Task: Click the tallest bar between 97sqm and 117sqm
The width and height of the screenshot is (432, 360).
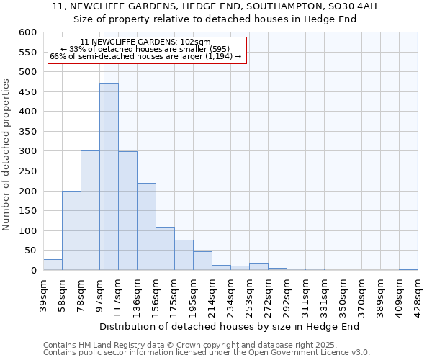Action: (x=109, y=176)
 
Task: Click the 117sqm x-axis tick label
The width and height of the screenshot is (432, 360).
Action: (x=118, y=293)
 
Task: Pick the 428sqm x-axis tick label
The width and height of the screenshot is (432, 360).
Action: (x=418, y=293)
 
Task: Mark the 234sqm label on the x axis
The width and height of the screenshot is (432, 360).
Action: (x=230, y=293)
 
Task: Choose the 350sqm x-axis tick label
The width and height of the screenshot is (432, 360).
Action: (x=343, y=293)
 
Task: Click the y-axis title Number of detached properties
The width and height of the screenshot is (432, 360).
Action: (x=6, y=155)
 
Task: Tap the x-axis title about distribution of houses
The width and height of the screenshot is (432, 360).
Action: (x=230, y=326)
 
